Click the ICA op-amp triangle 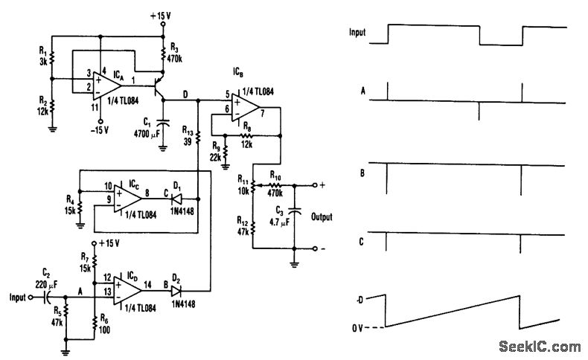click(106, 86)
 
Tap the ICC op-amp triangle click(127, 199)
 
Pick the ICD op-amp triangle click(127, 291)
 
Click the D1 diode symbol click(176, 199)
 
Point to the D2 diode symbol click(176, 291)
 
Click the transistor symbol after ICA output click(159, 86)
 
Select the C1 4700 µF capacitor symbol click(163, 123)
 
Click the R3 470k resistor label click(175, 53)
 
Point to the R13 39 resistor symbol click(198, 138)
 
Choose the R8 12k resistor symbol click(246, 135)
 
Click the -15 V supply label click(100, 131)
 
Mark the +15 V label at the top click(161, 16)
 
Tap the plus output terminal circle click(315, 185)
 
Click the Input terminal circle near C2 click(31, 298)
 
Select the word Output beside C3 click(322, 217)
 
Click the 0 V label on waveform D click(357, 328)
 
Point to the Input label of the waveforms click(357, 32)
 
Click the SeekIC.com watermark click(540, 347)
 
